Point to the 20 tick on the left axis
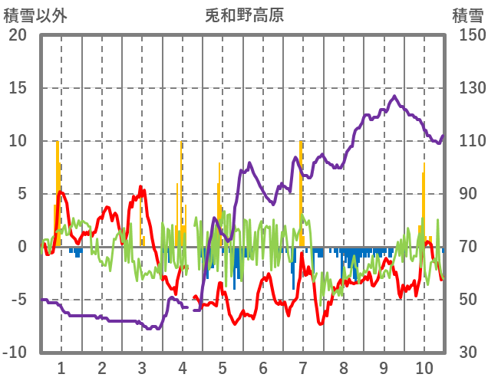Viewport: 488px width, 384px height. click(x=17, y=35)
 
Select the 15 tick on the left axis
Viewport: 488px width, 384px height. click(x=17, y=88)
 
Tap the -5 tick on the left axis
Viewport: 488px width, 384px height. click(x=17, y=300)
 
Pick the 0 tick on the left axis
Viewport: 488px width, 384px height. click(x=21, y=247)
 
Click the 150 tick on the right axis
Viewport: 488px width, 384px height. click(x=467, y=35)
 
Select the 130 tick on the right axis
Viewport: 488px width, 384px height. click(x=467, y=88)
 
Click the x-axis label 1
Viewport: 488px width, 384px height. click(x=61, y=367)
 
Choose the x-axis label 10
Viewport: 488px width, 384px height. click(x=424, y=367)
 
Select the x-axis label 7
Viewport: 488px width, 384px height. click(x=302, y=367)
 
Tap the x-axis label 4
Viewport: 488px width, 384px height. click(x=182, y=367)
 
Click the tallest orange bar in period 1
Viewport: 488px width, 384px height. click(x=58, y=192)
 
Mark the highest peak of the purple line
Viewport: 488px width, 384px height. click(x=394, y=97)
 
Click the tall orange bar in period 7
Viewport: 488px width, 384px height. click(x=301, y=192)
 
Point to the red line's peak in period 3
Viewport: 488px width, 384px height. click(x=141, y=187)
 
